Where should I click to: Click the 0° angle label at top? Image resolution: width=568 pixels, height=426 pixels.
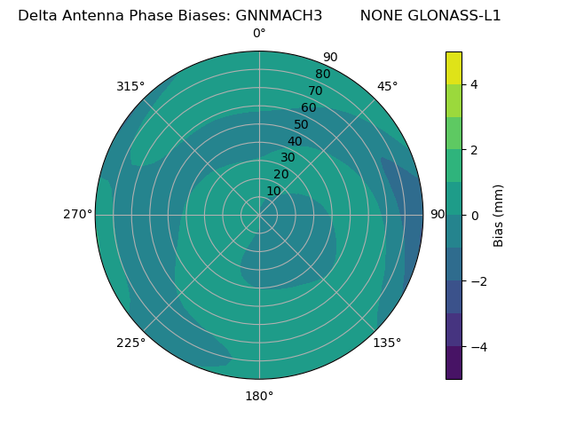coord(259,34)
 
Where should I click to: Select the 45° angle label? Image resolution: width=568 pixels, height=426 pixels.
coord(387,86)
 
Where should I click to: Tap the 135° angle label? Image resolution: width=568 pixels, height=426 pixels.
coord(387,343)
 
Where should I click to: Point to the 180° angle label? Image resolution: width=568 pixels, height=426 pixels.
coord(259,396)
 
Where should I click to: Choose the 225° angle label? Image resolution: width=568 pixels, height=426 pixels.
coord(130,343)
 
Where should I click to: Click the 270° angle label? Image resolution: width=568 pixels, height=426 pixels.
coord(77,214)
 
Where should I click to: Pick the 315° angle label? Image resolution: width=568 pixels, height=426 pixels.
coord(130,86)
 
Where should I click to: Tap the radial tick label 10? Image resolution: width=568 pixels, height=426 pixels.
coord(273,191)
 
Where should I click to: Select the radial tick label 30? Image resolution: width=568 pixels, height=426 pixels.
coord(288,158)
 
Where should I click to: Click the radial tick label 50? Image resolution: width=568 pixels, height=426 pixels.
coord(302,124)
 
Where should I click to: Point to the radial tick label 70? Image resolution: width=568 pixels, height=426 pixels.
coord(316,91)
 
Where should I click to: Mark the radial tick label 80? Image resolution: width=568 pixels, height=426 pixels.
coord(322,74)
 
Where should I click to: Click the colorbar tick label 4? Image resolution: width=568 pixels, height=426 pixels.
coord(474,84)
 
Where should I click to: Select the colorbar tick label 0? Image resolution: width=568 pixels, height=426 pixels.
coord(474,215)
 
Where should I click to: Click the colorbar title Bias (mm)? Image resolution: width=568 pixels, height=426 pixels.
coord(499,215)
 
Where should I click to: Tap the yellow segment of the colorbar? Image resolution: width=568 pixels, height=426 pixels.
coord(454,67)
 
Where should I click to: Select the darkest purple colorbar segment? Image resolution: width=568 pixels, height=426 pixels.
coord(454,363)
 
